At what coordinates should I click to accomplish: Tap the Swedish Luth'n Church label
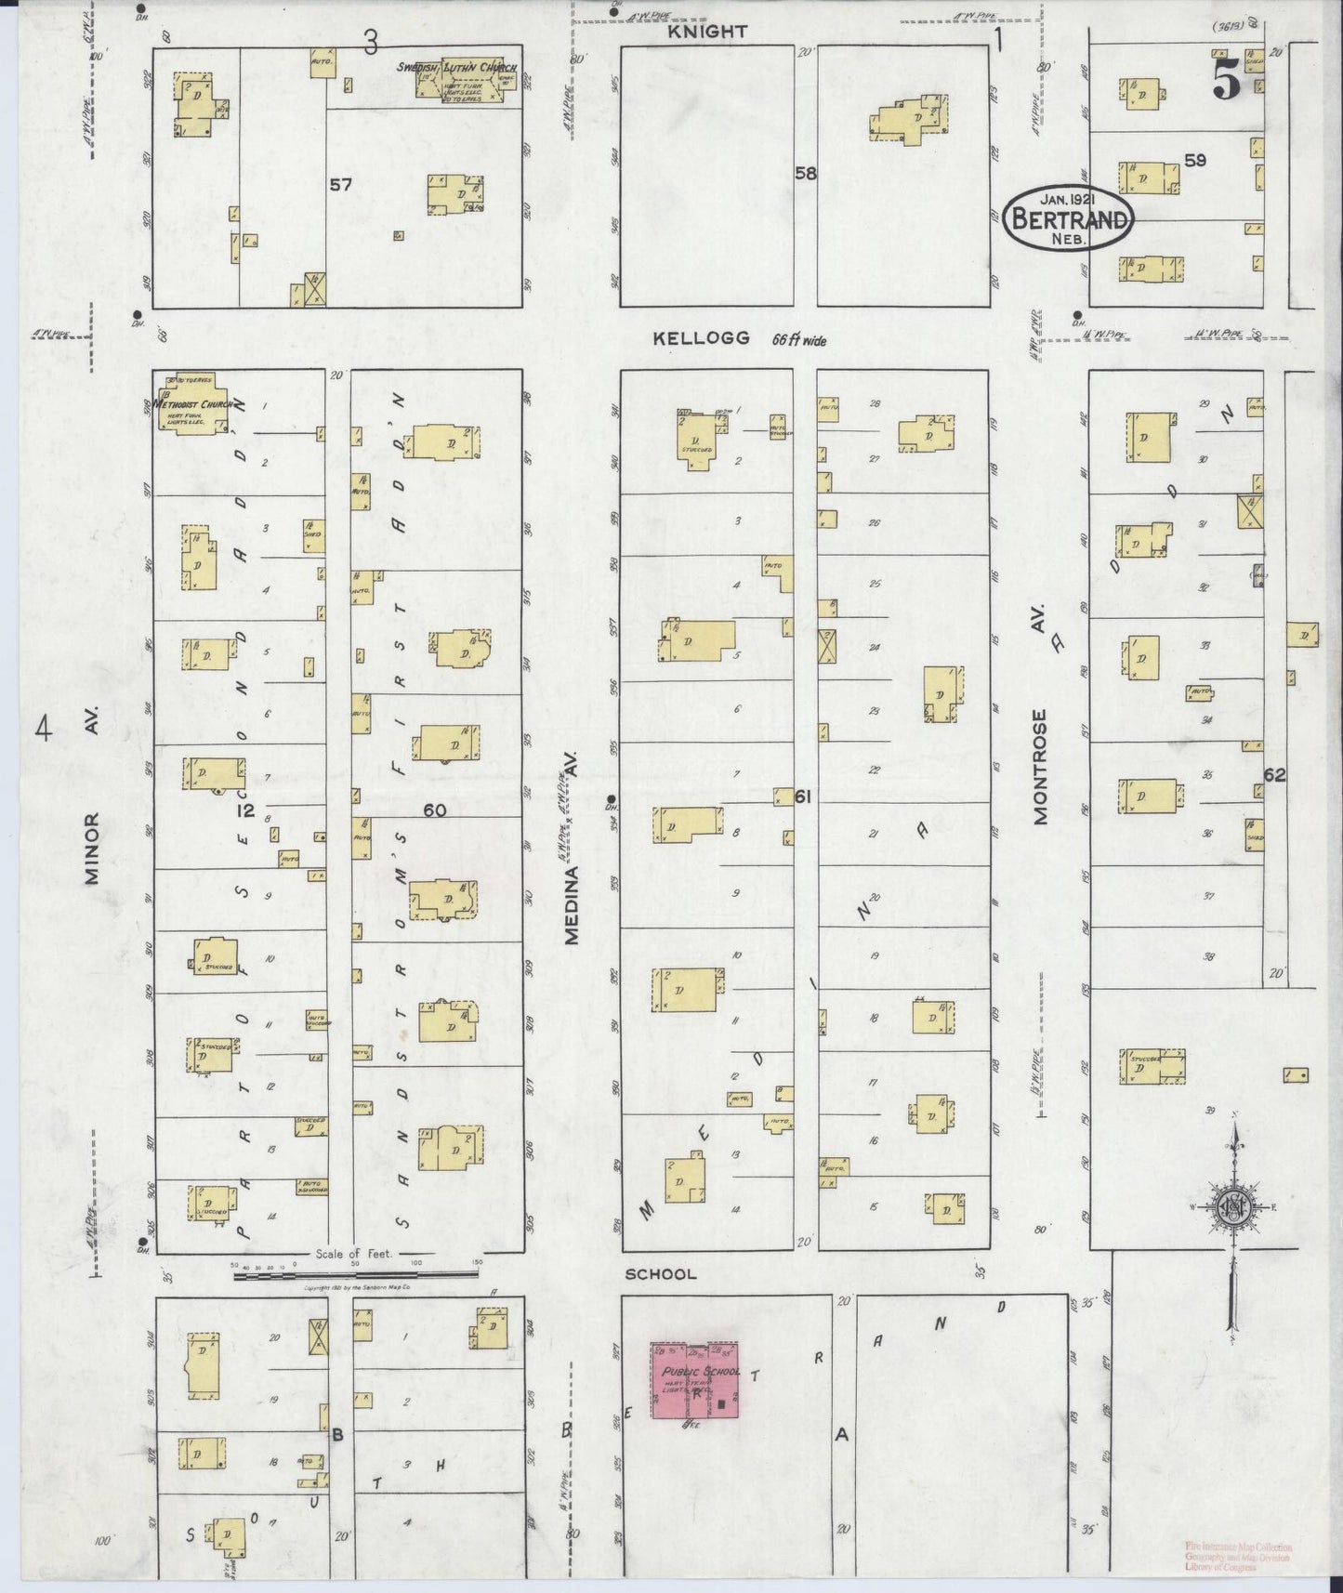[456, 67]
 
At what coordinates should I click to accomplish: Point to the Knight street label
[713, 32]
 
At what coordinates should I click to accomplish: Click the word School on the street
[661, 1273]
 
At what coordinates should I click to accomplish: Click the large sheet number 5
[1227, 85]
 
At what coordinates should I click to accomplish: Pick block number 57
[341, 185]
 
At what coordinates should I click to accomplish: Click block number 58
[805, 173]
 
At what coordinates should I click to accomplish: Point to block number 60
[434, 810]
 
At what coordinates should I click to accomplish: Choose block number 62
[1273, 774]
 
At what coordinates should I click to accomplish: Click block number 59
[1195, 161]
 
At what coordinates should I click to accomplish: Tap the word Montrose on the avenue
[1040, 767]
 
